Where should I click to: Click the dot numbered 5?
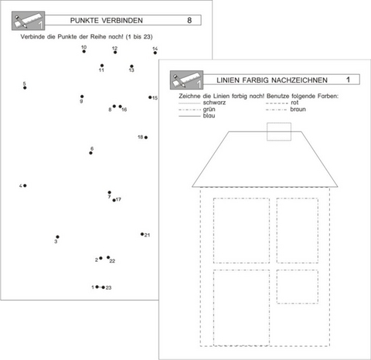pos(25,88)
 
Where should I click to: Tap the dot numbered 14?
pos(155,53)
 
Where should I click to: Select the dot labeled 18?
pos(146,138)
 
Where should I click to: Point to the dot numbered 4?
pos(25,185)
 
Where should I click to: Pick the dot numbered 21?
pos(142,234)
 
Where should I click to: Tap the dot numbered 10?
pos(84,52)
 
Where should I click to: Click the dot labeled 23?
pos(104,287)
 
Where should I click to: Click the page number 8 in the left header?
pos(189,20)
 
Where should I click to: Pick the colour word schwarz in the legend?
pos(214,103)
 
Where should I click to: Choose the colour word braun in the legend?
pos(298,109)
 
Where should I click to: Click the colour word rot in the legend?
pos(294,103)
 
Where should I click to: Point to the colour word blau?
pos(209,116)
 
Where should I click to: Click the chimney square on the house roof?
pos(279,123)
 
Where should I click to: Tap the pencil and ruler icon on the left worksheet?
pos(29,21)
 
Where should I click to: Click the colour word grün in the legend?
pos(209,109)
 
